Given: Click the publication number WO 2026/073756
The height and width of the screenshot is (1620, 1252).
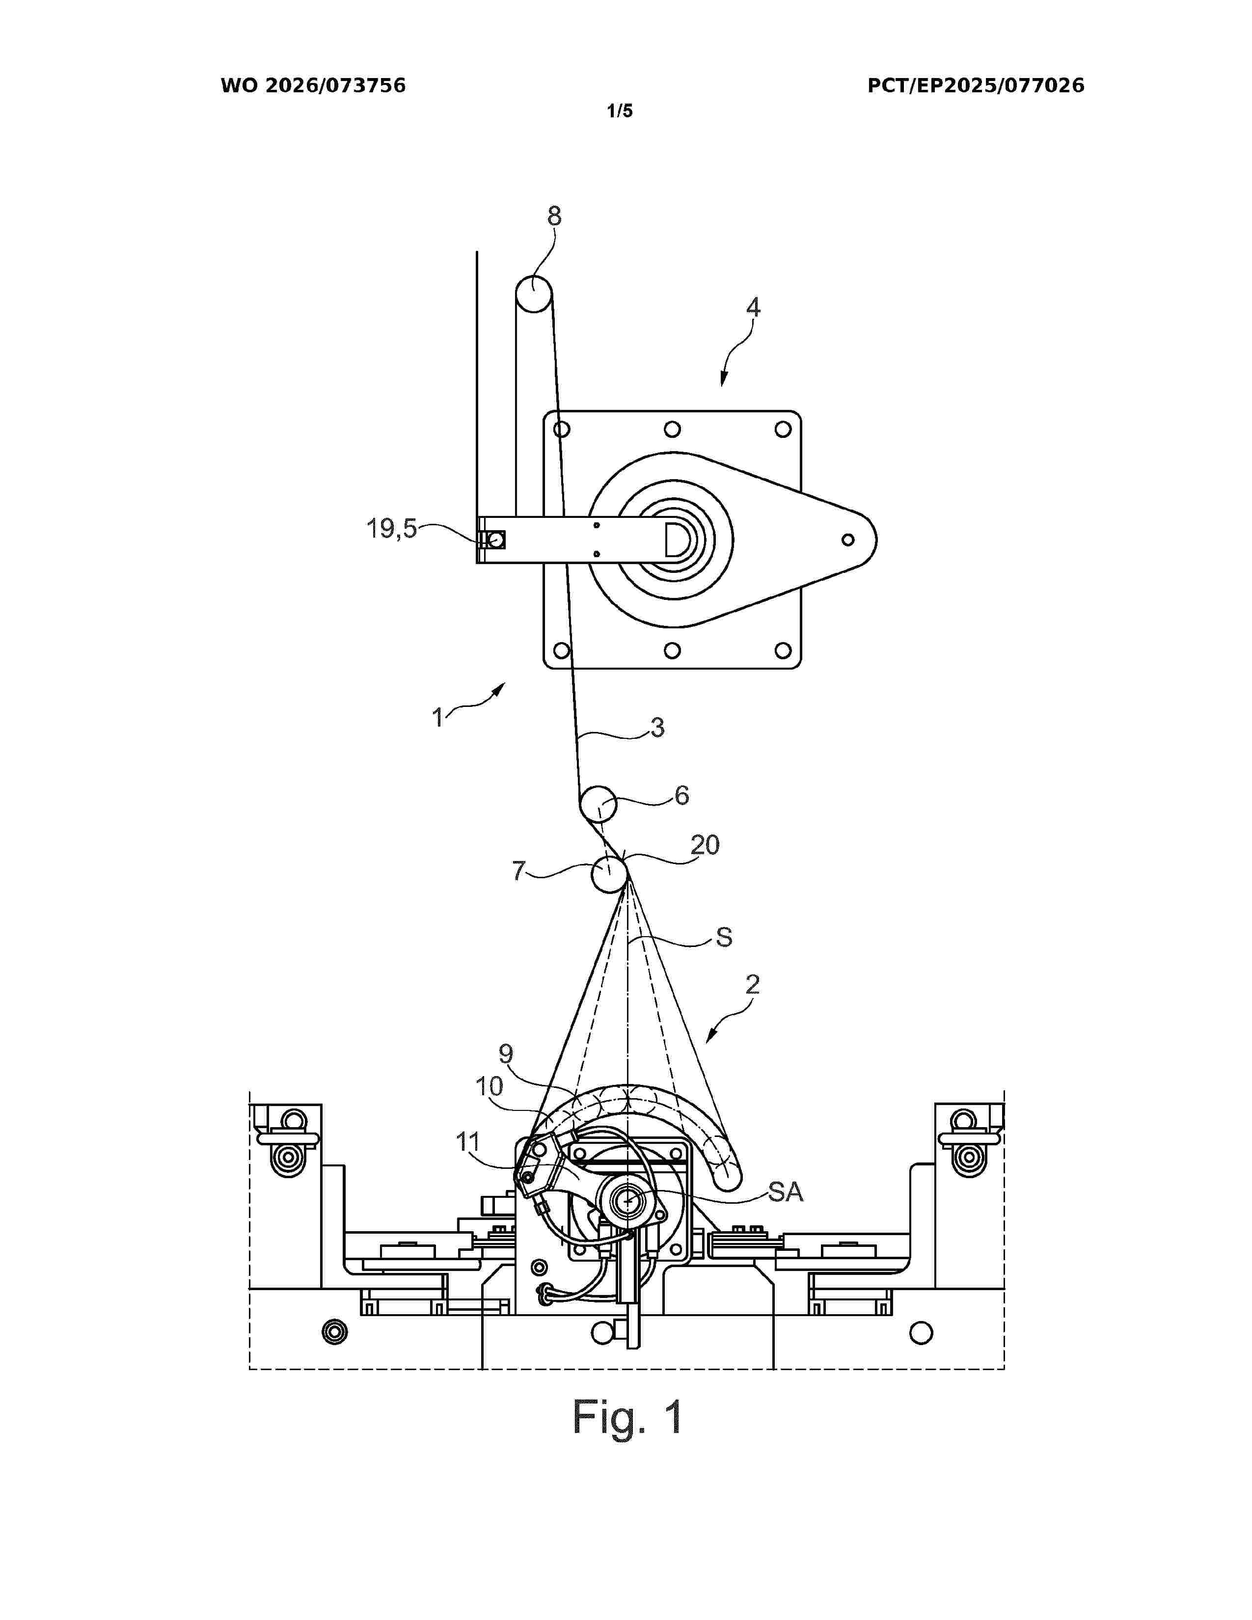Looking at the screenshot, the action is (313, 85).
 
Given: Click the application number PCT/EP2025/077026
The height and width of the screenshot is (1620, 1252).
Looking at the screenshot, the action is (976, 85).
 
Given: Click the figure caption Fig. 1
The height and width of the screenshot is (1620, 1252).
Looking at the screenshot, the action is (627, 1418).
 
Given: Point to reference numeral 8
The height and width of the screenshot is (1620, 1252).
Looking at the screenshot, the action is (554, 216).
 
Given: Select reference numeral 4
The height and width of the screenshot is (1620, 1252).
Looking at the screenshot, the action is (753, 307).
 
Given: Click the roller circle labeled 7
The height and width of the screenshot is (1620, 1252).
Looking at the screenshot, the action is (609, 874).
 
